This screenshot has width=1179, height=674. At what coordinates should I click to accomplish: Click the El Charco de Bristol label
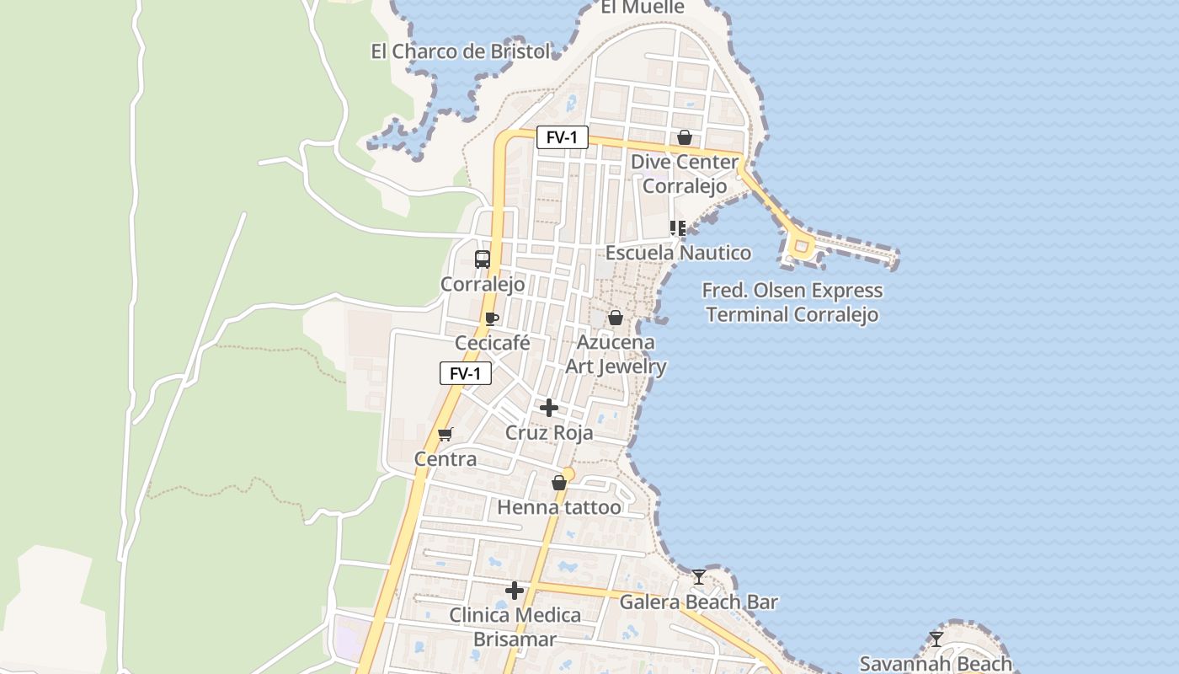click(460, 51)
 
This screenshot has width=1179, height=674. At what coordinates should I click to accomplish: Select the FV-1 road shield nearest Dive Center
click(562, 137)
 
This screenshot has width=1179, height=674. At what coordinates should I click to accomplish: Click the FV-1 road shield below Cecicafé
click(466, 373)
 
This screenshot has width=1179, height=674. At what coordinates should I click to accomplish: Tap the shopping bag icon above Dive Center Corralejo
click(685, 136)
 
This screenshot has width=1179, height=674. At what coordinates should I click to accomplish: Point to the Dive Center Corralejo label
click(685, 174)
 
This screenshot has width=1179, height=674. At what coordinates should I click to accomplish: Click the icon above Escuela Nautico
click(677, 228)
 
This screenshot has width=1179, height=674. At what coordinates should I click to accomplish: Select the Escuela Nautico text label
click(678, 253)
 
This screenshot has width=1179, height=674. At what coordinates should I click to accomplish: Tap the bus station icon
click(483, 259)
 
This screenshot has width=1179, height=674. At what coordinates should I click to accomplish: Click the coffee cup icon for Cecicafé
click(492, 318)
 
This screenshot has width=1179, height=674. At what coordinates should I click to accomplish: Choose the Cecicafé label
click(493, 343)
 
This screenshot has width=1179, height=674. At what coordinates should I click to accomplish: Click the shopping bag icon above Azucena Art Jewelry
click(616, 318)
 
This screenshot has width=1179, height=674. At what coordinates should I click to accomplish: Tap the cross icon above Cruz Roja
click(549, 408)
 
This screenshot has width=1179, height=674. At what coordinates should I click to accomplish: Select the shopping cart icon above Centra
click(445, 435)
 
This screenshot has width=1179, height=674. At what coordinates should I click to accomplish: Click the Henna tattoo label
click(559, 507)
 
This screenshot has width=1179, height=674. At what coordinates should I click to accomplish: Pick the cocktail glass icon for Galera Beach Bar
click(699, 577)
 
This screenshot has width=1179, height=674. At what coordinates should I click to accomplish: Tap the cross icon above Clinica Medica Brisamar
click(515, 591)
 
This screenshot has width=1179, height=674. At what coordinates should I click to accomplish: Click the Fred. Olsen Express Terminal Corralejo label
click(792, 302)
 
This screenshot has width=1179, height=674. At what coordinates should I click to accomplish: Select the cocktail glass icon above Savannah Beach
click(936, 639)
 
